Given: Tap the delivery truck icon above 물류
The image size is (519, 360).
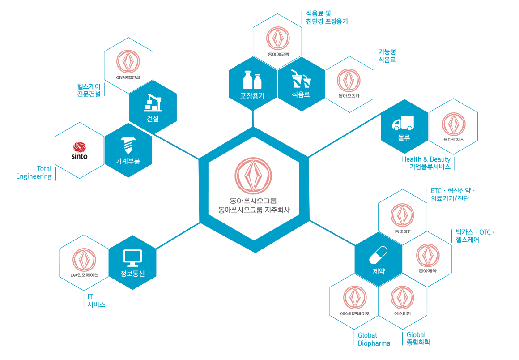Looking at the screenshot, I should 403,123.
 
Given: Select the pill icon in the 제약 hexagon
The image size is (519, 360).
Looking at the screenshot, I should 378,255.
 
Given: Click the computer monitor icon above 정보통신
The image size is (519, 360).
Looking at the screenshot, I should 132,257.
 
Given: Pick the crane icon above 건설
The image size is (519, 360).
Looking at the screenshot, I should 153,103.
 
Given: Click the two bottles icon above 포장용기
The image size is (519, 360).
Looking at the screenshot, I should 252,81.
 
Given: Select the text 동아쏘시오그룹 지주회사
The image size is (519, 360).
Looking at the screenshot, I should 254,209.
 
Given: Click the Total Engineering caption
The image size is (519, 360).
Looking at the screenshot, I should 34,172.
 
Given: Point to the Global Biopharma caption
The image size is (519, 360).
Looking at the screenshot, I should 374,339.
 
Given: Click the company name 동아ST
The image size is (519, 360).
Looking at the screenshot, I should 403,231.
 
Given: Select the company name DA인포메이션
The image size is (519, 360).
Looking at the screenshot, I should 84,275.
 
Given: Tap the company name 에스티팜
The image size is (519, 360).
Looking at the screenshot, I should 403,313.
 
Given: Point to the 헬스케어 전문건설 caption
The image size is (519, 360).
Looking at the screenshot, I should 89,90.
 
